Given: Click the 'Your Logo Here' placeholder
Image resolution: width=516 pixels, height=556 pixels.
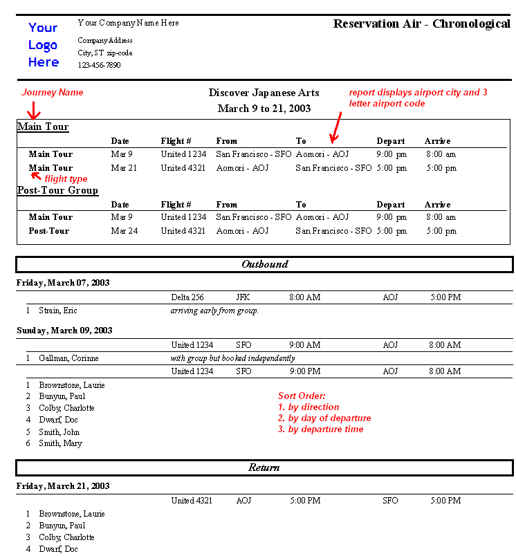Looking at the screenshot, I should (x=43, y=45).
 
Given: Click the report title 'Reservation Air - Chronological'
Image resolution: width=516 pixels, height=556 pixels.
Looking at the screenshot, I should (x=421, y=24).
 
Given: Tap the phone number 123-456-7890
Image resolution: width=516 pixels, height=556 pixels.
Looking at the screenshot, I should (x=99, y=65).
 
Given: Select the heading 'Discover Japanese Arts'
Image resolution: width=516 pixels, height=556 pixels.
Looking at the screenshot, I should (x=264, y=93).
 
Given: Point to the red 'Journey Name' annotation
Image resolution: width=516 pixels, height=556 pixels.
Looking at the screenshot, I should (x=53, y=93).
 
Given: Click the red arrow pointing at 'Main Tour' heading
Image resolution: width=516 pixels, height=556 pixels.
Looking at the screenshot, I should (x=33, y=111).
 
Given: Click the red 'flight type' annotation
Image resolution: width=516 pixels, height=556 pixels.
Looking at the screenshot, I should (x=66, y=179).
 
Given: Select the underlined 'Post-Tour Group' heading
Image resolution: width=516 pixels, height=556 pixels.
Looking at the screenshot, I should (x=57, y=190).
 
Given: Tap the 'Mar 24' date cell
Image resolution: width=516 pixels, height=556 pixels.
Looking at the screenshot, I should (x=124, y=231).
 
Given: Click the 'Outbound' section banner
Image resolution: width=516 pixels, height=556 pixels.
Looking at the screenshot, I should (x=264, y=264).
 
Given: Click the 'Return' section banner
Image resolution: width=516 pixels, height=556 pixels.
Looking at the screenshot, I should (x=264, y=468).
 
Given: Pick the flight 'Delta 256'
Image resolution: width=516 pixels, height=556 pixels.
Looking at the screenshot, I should (x=187, y=297).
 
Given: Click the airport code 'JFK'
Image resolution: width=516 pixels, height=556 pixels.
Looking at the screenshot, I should (x=243, y=297).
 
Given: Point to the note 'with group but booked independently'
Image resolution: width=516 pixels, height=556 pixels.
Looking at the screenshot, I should (x=232, y=358).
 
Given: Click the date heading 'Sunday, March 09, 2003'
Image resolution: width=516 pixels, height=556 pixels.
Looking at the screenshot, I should (x=64, y=331).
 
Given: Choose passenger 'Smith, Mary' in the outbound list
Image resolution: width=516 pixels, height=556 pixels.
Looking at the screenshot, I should (x=60, y=443).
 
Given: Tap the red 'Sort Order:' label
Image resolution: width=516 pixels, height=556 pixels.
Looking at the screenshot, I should (x=297, y=396).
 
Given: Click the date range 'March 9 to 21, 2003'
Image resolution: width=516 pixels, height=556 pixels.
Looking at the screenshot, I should (x=264, y=109).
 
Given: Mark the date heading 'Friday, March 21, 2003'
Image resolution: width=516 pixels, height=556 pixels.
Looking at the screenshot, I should (x=63, y=486).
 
